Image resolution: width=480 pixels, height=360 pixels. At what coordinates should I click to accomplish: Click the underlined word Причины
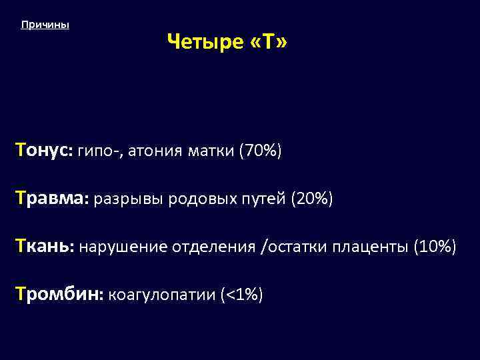point(45,25)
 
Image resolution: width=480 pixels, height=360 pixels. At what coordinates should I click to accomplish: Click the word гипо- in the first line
point(99,152)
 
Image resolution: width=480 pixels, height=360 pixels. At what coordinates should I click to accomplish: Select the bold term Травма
point(52,199)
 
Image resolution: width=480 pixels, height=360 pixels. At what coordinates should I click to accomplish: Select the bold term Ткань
point(45,247)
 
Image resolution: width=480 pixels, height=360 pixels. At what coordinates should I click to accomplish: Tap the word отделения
point(214,247)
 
